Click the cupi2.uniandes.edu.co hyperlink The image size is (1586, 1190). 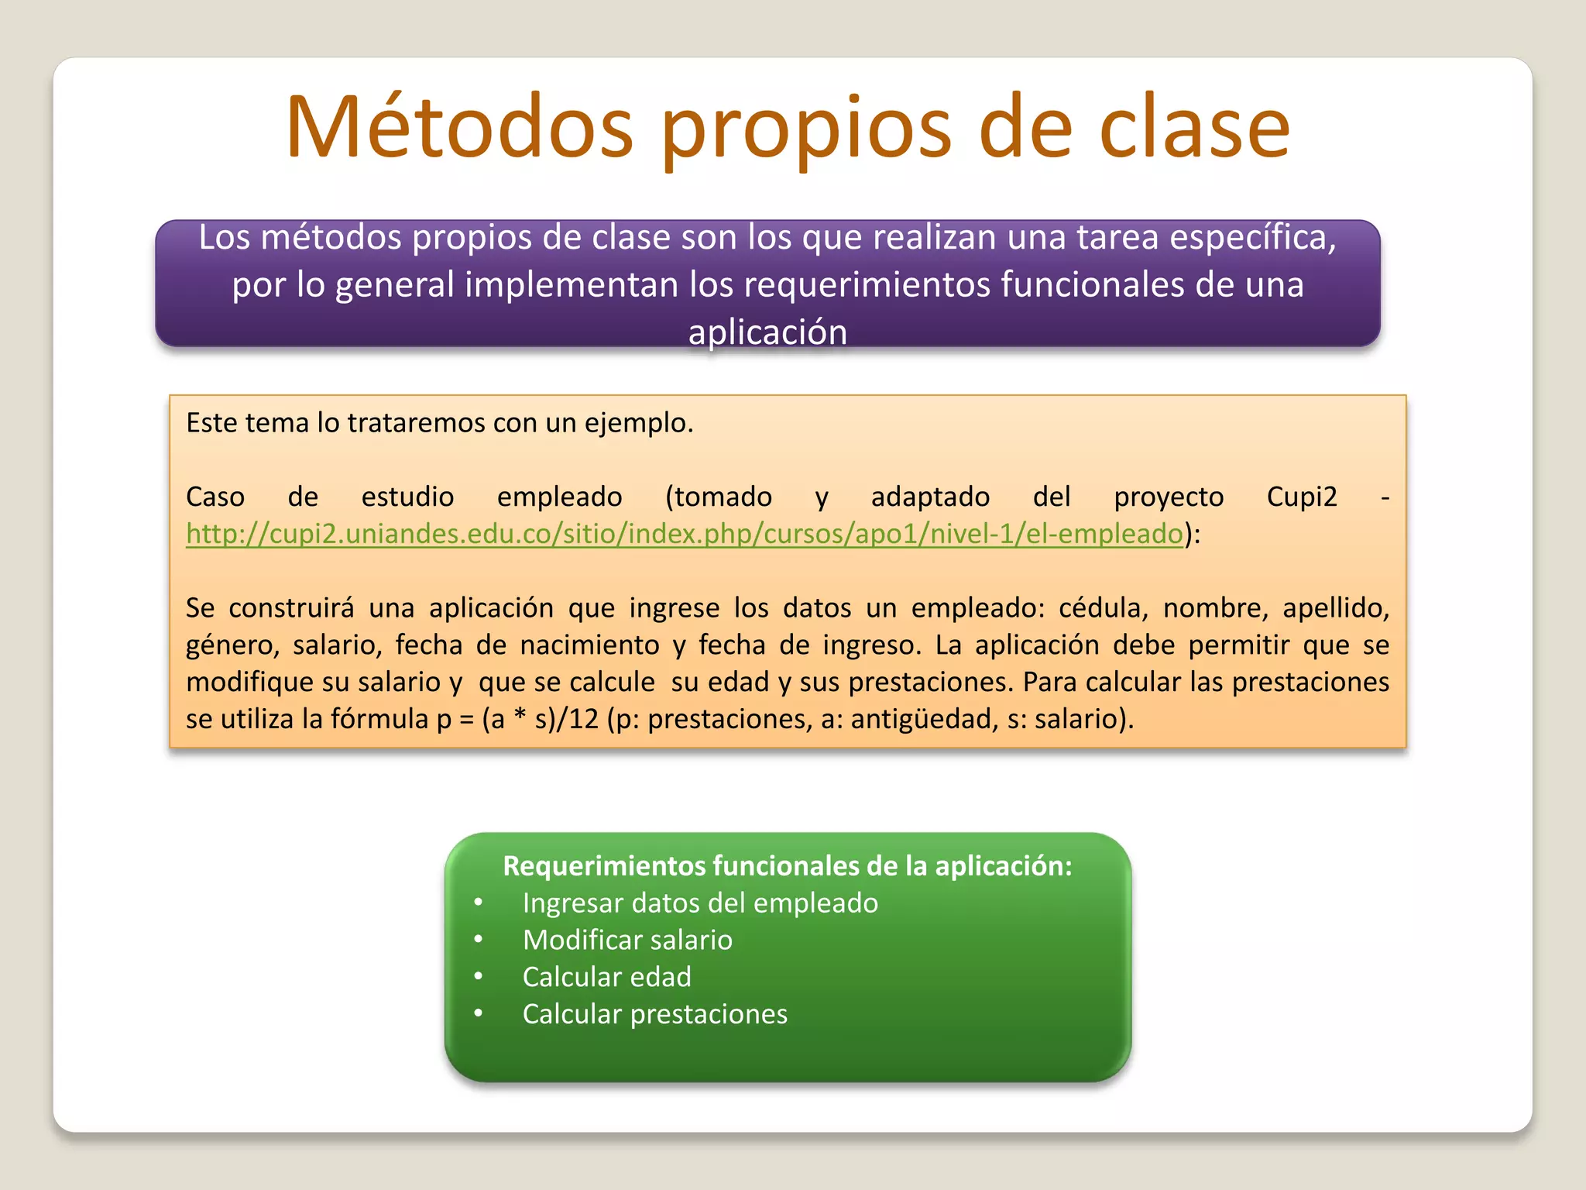click(685, 534)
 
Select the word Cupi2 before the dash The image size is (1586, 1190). click(1302, 497)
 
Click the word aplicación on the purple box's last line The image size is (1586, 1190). click(767, 332)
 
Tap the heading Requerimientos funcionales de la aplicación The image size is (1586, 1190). click(788, 865)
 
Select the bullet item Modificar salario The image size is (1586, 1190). click(627, 940)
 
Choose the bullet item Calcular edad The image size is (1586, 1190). click(606, 977)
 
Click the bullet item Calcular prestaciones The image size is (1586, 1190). click(654, 1014)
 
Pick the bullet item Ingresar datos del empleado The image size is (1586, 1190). click(700, 903)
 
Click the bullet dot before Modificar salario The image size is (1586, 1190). click(479, 940)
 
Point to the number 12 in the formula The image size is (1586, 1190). click(584, 719)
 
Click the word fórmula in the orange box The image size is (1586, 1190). click(379, 719)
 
